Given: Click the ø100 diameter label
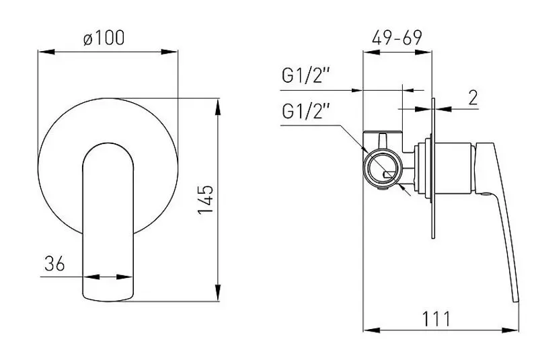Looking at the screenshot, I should pos(104,38).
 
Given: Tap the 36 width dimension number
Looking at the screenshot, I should pos(54,264).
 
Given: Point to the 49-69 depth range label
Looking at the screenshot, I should pos(397,38).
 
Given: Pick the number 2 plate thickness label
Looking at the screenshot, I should pos(472,98).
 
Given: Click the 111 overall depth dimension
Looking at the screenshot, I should pos(437,318).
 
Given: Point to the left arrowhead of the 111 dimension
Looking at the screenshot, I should pos(367,330).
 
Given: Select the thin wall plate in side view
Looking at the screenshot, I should pos(432,168).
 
